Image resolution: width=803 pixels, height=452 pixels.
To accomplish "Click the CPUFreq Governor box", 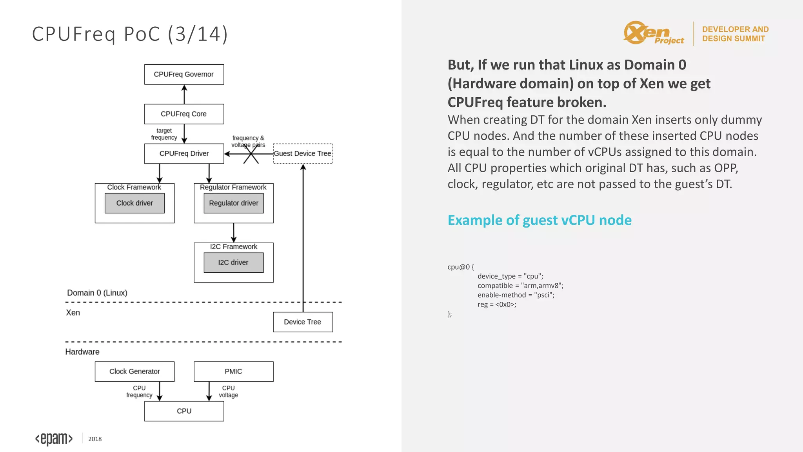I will coord(184,75).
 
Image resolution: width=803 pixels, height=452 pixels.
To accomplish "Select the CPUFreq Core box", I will coord(184,114).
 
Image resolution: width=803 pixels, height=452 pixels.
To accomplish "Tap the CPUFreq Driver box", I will coord(184,154).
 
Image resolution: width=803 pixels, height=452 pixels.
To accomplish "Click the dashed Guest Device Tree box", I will coord(303,154).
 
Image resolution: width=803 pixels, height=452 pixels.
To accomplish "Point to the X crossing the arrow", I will coord(251,154).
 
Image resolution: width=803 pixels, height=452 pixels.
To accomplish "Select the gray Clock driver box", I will coord(134,203).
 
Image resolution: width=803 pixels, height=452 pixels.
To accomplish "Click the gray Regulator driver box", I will coord(233,203).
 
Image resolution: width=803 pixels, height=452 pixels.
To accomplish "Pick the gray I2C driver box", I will coord(233,262).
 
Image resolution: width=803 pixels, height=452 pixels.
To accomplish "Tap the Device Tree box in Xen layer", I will coord(303,322).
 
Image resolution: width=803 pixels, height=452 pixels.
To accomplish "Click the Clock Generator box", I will coord(134,372).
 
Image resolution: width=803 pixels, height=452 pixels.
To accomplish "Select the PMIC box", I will coord(233,372).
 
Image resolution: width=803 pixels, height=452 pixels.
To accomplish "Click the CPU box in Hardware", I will coord(184,411).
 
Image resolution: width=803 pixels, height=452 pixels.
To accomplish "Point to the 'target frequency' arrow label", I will coord(164,134).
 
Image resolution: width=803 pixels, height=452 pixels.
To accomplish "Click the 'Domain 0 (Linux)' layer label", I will coord(97,293).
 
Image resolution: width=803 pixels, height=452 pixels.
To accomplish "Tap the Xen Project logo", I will coord(653,33).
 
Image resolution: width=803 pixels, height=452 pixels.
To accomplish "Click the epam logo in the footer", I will coord(54,439).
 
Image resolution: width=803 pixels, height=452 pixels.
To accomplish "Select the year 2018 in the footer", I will coord(95,439).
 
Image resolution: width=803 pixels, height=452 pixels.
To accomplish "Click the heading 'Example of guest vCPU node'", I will coord(540,221).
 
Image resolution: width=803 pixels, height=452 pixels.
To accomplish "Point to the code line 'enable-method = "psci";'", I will coord(516,295).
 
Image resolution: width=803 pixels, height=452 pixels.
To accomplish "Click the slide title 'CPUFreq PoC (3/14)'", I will coord(130,34).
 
